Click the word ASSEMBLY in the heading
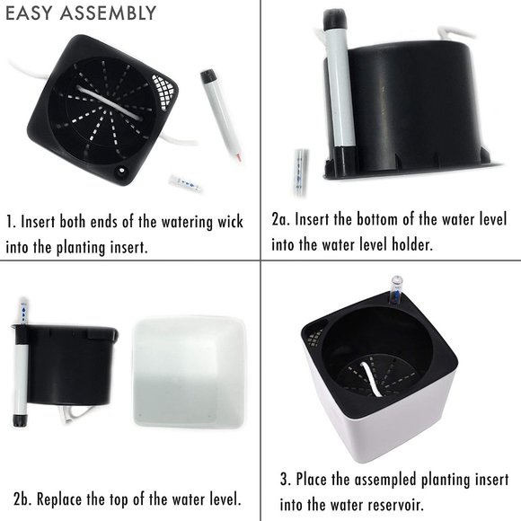(x=108, y=13)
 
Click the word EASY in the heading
(x=29, y=13)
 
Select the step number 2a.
(x=280, y=219)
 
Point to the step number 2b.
(x=22, y=499)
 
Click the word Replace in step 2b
(x=58, y=499)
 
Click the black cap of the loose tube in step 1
(x=208, y=76)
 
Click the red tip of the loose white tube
(x=239, y=157)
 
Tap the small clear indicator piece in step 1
(x=185, y=183)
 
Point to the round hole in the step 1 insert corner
(x=120, y=171)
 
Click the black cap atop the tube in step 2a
(x=335, y=18)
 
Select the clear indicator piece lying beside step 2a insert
(x=301, y=172)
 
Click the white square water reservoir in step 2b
(x=189, y=372)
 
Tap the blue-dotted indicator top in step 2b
(x=23, y=312)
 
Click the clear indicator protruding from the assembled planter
(x=396, y=290)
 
